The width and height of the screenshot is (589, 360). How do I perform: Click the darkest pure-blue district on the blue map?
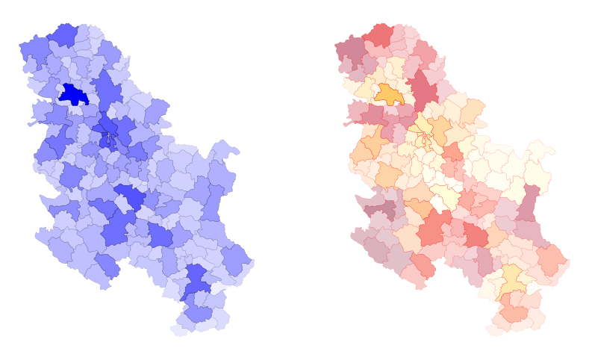coord(72,95)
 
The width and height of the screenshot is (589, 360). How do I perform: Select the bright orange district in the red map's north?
coord(388,94)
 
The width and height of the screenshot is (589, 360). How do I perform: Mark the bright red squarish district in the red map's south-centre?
coord(476,235)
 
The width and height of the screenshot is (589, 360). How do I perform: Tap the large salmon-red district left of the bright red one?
coord(431,230)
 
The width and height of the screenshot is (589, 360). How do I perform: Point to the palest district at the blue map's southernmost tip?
coord(181,328)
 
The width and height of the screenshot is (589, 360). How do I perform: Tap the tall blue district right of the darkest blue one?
coord(108,90)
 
